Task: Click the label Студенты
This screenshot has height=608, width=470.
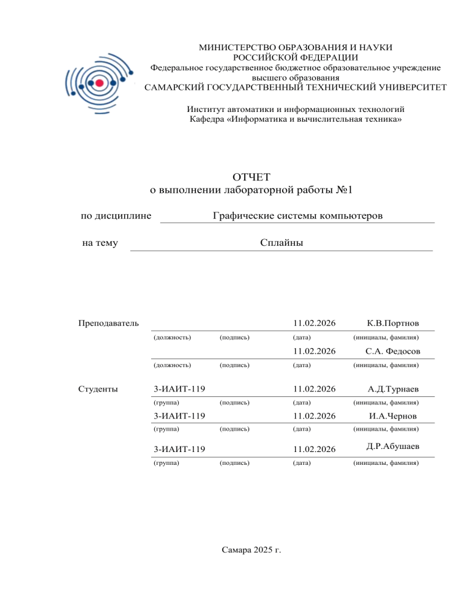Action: (x=98, y=388)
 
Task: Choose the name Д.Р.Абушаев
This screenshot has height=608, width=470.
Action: (x=393, y=447)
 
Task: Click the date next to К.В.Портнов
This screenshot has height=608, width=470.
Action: (x=315, y=323)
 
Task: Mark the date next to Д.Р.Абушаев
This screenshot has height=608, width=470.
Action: (x=315, y=449)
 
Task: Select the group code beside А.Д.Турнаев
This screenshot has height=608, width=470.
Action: (x=178, y=388)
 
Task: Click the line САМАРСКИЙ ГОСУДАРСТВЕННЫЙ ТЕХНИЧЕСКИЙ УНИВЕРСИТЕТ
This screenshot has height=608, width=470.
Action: (x=295, y=87)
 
